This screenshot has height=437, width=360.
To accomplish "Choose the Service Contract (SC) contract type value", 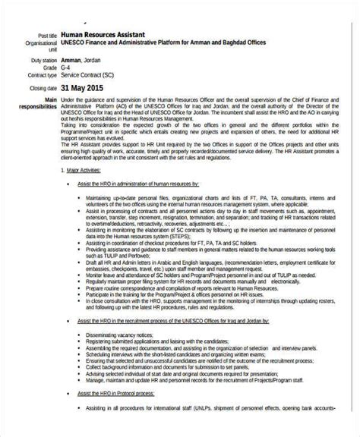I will (x=93, y=76).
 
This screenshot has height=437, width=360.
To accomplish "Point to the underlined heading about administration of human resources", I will (x=138, y=184).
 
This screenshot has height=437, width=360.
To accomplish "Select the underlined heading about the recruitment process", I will (x=174, y=321).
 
